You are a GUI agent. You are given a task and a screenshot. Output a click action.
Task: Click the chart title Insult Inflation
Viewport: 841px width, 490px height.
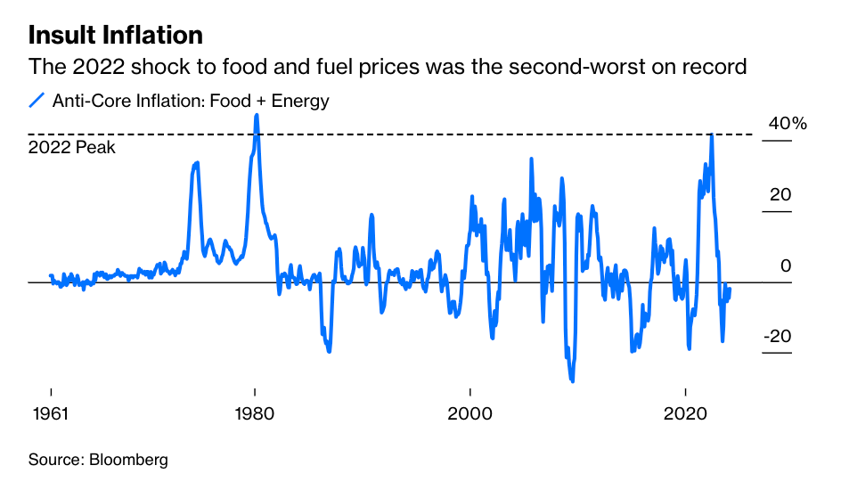point(116,35)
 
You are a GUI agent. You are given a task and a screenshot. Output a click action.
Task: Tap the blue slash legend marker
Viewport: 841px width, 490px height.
point(37,101)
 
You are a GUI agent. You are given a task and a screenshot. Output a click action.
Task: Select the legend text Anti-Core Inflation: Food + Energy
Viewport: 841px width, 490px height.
point(191,101)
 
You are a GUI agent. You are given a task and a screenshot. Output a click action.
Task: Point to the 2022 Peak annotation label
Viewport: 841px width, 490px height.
point(72,148)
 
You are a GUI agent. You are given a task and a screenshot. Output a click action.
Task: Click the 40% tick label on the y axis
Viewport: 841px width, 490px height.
point(787,124)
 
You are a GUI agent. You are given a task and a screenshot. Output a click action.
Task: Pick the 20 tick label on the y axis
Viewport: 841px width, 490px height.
point(780,194)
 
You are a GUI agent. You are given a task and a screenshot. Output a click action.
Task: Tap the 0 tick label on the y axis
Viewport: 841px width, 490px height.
point(786,265)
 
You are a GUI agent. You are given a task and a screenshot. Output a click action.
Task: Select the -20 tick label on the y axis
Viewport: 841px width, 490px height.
point(777,336)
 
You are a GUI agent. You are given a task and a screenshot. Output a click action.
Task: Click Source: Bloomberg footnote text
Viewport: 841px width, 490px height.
point(98,460)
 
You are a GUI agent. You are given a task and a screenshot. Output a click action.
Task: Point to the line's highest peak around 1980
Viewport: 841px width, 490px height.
point(257,115)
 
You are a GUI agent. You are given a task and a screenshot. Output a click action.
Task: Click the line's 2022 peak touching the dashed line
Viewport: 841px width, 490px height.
point(711,135)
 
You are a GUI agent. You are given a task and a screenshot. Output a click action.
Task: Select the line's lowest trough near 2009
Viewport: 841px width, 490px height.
point(572,381)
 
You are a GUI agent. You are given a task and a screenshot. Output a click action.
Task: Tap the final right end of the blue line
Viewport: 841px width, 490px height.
point(730,289)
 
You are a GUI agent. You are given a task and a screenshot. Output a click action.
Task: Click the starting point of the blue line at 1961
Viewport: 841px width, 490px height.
point(51,276)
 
